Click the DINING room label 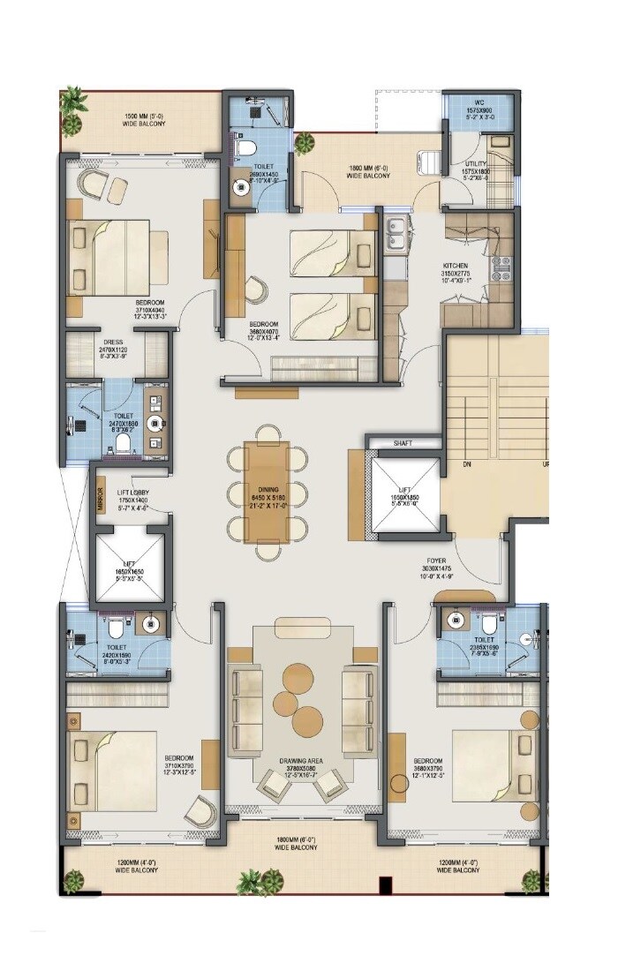click(268, 490)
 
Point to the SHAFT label click(404, 444)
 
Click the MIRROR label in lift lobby click(102, 500)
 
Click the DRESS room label click(112, 342)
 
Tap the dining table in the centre click(268, 493)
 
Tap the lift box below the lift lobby click(132, 566)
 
